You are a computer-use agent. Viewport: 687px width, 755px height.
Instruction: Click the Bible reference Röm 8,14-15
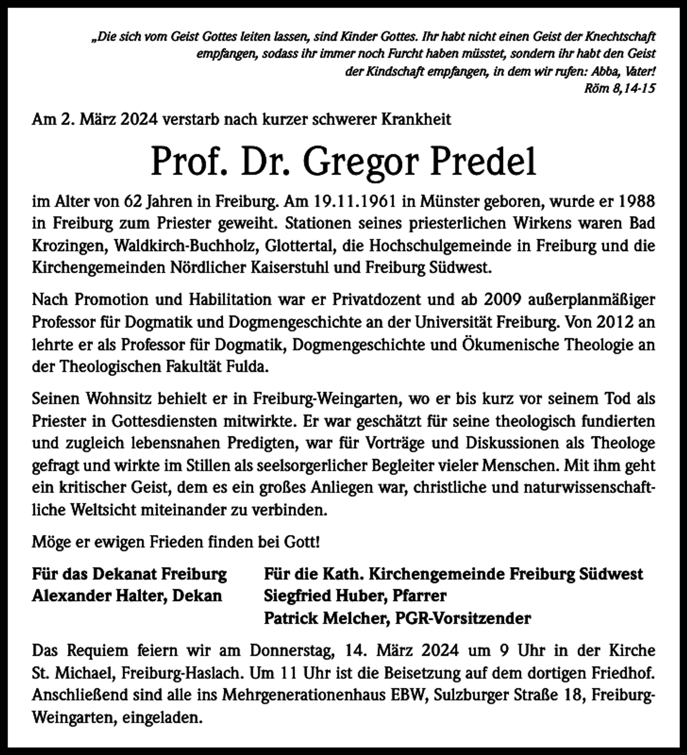point(619,89)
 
